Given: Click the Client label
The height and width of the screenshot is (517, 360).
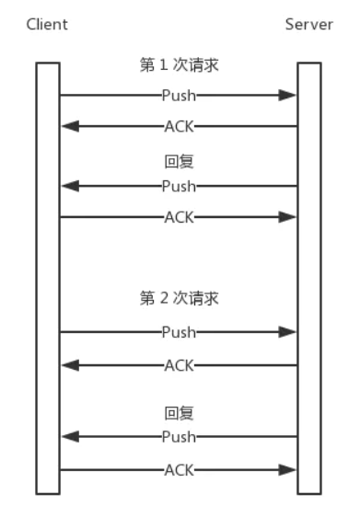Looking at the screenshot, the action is tap(47, 25).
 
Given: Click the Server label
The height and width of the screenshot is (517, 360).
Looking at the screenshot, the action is tap(309, 25).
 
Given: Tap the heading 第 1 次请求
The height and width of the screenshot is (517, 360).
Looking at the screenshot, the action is tap(180, 64).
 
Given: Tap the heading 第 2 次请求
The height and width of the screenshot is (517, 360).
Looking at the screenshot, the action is tap(180, 298).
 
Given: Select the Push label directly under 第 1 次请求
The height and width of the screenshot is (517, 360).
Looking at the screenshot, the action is tap(180, 96).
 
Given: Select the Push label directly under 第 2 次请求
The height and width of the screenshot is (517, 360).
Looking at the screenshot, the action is tap(180, 332).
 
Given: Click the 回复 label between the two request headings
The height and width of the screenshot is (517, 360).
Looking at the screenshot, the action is tap(180, 162).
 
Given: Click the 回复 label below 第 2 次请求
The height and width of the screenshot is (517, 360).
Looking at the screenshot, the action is tap(180, 413).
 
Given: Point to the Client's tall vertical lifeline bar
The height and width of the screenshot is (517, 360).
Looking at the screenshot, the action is tap(48, 279).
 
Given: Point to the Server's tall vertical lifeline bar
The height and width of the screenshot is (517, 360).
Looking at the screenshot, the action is tap(309, 279).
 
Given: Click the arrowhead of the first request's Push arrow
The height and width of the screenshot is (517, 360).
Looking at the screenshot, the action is tap(287, 96).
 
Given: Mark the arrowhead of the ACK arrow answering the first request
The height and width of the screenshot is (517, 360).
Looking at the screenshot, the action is tap(70, 126).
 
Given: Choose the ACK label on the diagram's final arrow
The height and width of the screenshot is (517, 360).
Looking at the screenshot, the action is tap(180, 470).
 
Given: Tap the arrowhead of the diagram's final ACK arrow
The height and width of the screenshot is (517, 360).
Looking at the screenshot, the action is tap(287, 470).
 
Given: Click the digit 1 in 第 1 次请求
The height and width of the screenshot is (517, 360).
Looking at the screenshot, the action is tap(164, 64).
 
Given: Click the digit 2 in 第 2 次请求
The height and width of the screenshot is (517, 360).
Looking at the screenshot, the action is tap(164, 298).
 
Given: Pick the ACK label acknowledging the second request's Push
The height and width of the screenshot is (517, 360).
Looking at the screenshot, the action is tap(180, 365).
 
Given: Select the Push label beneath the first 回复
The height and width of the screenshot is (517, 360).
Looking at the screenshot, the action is tap(180, 187).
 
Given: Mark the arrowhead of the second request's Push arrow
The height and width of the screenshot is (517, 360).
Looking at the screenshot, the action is tap(287, 332).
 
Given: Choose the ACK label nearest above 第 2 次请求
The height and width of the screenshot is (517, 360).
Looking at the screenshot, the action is tap(180, 217).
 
